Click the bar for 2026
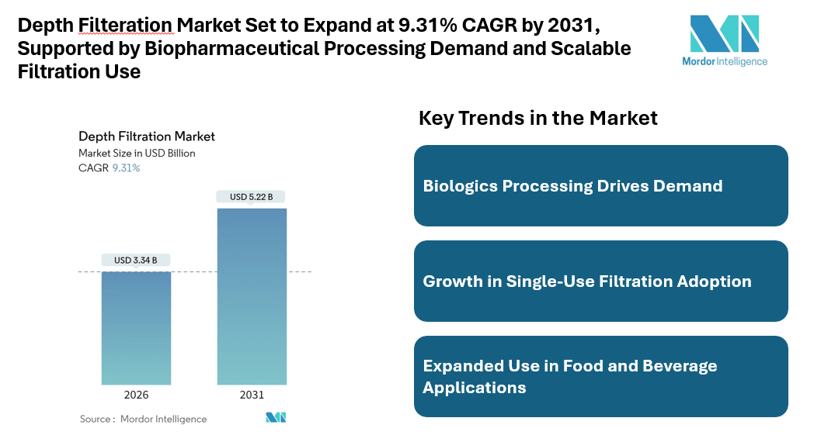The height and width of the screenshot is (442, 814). tap(136, 328)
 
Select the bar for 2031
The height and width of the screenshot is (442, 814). tap(252, 296)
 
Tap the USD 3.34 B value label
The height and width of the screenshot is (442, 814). tap(136, 260)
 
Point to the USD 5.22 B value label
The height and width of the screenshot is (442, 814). tap(252, 197)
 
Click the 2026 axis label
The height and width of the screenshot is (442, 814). tap(136, 395)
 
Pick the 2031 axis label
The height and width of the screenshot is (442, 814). tap(252, 395)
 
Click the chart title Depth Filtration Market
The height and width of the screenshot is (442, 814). tap(146, 136)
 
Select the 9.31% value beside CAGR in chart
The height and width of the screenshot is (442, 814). tap(126, 167)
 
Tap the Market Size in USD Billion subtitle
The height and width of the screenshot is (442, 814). tap(137, 153)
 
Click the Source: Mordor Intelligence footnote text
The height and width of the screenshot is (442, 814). tap(143, 419)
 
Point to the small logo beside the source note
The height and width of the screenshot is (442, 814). tap(276, 418)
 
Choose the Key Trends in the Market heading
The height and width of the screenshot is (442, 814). tap(537, 118)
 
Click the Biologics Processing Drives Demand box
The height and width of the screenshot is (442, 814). tap(600, 186)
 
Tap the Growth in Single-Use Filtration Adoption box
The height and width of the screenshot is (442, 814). tap(600, 281)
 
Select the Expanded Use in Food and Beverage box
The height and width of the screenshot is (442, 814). tap(600, 376)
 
